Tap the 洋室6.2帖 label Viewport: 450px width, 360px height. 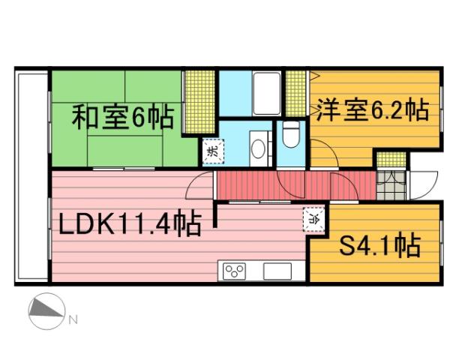(372, 111)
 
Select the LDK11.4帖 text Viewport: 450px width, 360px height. (124, 223)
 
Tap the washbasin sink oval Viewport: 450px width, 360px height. (259, 147)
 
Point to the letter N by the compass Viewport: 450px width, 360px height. (73, 320)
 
